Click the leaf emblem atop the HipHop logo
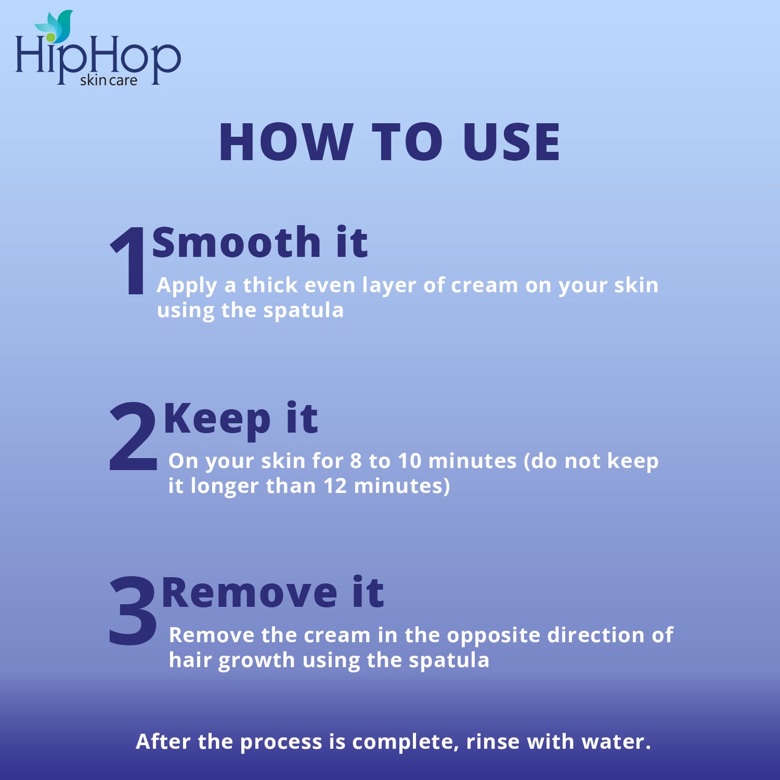(x=56, y=27)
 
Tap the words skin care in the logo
(x=108, y=80)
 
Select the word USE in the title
(x=511, y=142)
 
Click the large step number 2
(x=133, y=437)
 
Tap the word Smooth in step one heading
(x=236, y=242)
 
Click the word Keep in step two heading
(x=217, y=419)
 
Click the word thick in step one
(x=270, y=285)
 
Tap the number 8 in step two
(x=356, y=461)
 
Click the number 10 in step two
(x=409, y=461)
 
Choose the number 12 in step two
(x=335, y=486)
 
